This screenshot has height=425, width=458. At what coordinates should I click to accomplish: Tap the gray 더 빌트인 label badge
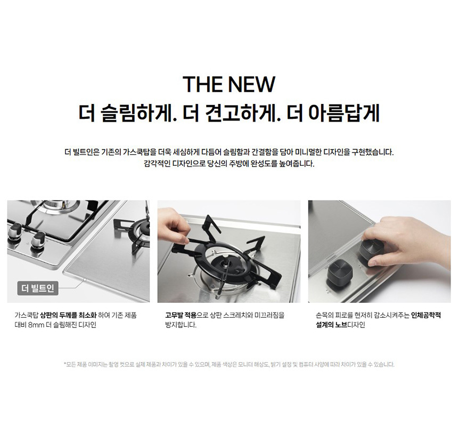point(38,288)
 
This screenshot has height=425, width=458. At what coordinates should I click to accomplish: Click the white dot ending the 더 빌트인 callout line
point(85,279)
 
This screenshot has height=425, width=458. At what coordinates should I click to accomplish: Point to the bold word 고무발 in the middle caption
point(174,315)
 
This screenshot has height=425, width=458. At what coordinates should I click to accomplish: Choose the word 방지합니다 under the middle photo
point(181,325)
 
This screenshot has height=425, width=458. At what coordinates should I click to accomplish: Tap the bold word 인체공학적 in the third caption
point(426,315)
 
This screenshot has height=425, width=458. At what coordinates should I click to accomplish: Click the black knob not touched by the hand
point(339,273)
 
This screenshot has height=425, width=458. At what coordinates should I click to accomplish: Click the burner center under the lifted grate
point(225,265)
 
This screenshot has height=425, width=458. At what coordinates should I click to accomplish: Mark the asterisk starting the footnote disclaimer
point(65,364)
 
